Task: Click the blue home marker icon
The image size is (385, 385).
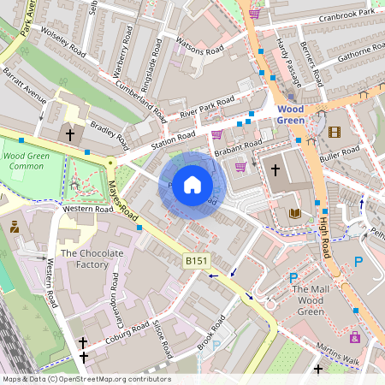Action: [192, 184]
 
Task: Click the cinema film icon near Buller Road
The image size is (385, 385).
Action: [334, 132]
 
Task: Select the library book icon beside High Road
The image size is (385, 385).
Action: [295, 212]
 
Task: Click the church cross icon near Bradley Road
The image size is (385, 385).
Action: [70, 134]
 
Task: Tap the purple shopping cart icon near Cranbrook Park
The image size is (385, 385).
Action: [254, 13]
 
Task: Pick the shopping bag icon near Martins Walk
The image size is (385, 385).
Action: [354, 337]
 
